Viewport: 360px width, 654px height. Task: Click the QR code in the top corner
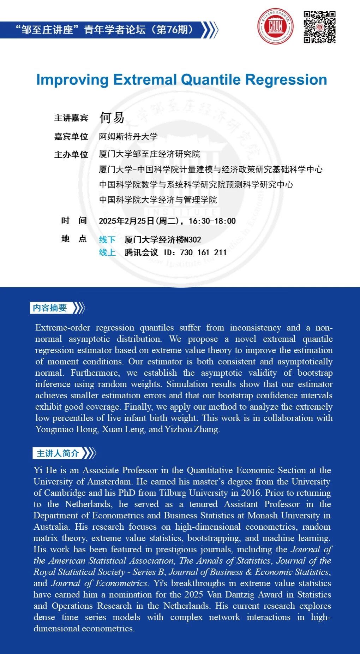tap(319, 27)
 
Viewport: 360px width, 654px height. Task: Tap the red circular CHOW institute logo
tap(275, 26)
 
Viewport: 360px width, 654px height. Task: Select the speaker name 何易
tap(112, 118)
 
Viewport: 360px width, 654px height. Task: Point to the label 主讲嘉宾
tap(71, 118)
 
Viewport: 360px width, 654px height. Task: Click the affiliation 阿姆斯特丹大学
tap(128, 137)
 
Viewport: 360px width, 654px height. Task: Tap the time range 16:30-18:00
tap(212, 221)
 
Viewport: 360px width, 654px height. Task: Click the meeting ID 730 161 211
tap(203, 252)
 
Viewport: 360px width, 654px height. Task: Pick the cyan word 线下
tap(107, 240)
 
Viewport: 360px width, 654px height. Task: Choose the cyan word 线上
tap(107, 252)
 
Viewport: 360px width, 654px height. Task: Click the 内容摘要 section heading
tap(50, 308)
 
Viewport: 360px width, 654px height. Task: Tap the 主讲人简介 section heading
tap(58, 453)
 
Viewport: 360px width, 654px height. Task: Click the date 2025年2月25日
tap(126, 221)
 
